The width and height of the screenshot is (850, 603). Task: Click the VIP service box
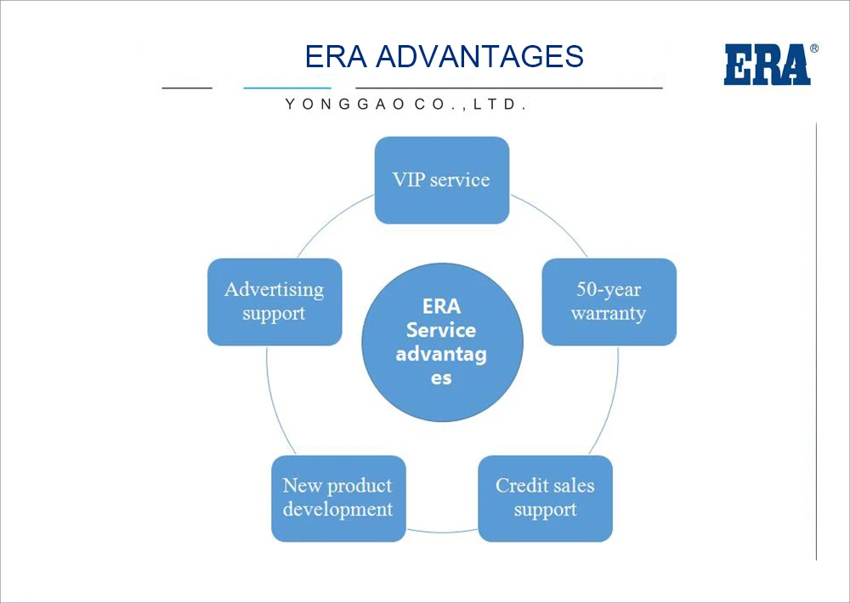click(442, 180)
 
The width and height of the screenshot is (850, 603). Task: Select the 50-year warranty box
click(609, 302)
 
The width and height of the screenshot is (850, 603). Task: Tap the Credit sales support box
click(545, 498)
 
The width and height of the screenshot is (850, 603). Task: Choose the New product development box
click(338, 498)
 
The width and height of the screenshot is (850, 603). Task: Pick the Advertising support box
click(275, 302)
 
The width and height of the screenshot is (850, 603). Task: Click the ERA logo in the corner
click(767, 65)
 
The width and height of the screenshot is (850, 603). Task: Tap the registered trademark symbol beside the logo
click(814, 49)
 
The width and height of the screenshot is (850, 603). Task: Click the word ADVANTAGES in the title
click(479, 57)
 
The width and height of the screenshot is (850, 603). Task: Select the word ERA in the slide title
click(336, 57)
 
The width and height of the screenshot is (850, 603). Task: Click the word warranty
click(609, 314)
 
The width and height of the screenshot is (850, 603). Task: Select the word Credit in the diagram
click(521, 486)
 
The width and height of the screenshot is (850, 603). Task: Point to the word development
click(338, 510)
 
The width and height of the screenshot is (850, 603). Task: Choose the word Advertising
click(275, 290)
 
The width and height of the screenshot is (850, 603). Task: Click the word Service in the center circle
click(441, 330)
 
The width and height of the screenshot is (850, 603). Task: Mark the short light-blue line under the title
click(286, 88)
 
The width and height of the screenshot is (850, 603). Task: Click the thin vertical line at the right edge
click(816, 340)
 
